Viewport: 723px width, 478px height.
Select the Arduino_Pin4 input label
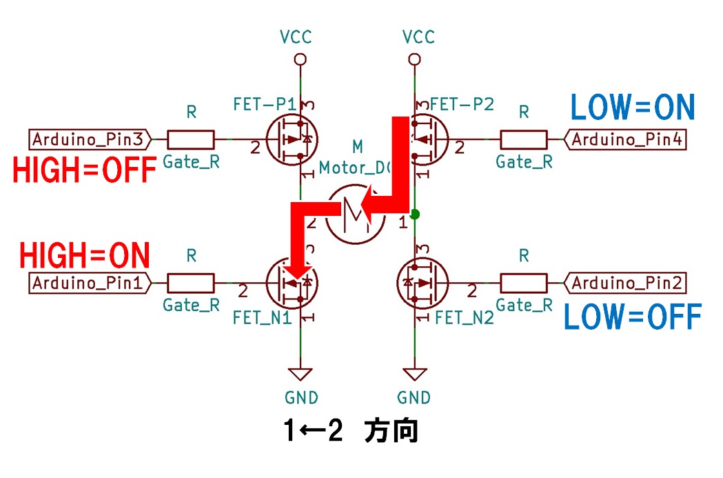coord(627,140)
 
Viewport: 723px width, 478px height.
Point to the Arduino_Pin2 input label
coord(627,283)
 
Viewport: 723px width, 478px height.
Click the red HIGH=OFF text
coord(85,171)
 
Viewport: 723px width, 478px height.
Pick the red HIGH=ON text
coord(85,255)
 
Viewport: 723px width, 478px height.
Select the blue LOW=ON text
coord(631,108)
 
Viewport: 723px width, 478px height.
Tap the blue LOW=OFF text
coord(633,317)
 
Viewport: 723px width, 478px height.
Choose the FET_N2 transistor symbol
coord(420,283)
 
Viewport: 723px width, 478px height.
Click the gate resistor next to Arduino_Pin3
coord(190,140)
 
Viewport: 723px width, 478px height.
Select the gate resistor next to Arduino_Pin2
coord(524,283)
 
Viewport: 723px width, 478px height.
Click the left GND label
coord(301,397)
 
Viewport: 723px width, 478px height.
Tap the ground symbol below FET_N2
coord(414,375)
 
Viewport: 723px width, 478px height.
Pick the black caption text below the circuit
coord(352,432)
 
